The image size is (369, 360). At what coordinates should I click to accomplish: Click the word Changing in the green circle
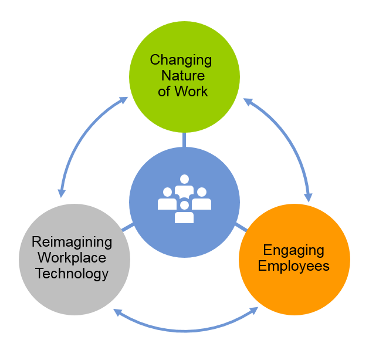[181, 60]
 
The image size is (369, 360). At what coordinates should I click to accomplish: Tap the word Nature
[184, 76]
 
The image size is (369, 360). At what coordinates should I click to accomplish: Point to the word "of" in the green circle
[164, 92]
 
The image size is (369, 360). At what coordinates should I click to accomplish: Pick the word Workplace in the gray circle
[70, 257]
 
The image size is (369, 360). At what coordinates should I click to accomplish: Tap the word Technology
[72, 273]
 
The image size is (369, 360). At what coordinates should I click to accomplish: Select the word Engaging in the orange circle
[293, 250]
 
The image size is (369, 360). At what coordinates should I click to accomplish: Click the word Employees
[293, 266]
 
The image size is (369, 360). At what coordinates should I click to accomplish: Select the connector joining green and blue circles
[184, 140]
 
